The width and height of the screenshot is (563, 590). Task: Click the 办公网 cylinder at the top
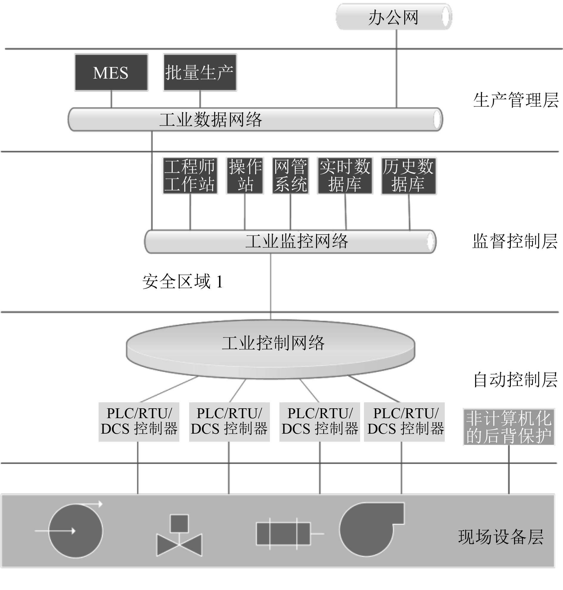click(x=394, y=17)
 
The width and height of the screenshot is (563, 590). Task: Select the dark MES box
click(x=111, y=73)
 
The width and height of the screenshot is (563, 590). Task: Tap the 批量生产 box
click(x=200, y=73)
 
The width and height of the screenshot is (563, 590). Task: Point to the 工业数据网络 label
click(x=210, y=120)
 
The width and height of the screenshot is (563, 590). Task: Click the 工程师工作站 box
click(x=190, y=176)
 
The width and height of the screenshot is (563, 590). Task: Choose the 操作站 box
click(x=245, y=176)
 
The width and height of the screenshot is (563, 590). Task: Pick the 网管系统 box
click(x=290, y=176)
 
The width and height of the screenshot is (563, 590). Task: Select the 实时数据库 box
click(x=345, y=176)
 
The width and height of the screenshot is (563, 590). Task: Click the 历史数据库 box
click(x=408, y=176)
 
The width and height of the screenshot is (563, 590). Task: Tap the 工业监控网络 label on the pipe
click(x=296, y=241)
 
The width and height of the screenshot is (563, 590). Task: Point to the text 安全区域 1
click(x=183, y=282)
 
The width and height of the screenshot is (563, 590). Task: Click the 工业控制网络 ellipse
click(x=271, y=348)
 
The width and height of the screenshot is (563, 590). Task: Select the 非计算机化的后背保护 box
click(x=509, y=427)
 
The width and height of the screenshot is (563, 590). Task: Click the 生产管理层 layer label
click(x=516, y=100)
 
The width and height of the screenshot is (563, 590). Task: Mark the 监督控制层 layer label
click(x=515, y=241)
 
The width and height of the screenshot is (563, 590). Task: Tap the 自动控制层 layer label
click(x=515, y=380)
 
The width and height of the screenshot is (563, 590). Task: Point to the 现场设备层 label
click(x=500, y=537)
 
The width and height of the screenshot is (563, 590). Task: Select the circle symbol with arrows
click(x=75, y=531)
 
